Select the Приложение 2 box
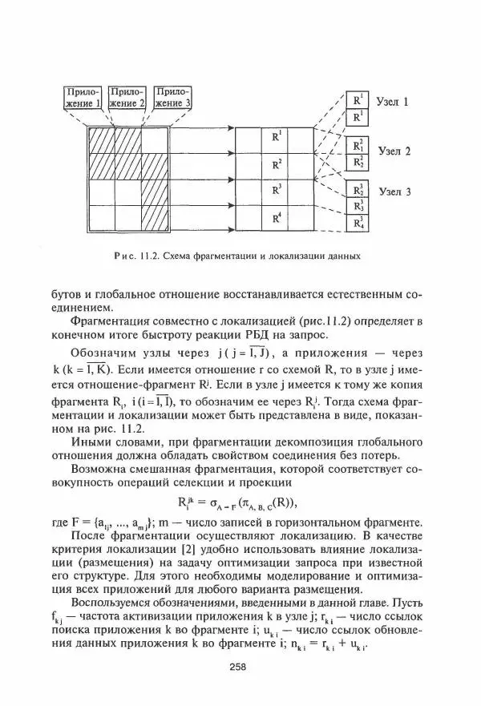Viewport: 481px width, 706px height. coord(127,97)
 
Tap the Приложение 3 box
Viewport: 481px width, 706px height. coord(173,97)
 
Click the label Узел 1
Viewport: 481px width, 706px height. coord(394,103)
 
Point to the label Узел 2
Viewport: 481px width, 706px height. coord(394,151)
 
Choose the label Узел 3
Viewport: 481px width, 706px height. coord(394,192)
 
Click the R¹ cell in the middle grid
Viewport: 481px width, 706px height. coord(277,137)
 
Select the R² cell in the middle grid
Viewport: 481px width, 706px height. coord(277,164)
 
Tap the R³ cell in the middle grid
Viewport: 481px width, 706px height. coord(277,191)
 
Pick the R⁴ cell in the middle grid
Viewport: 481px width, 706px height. coord(277,218)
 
